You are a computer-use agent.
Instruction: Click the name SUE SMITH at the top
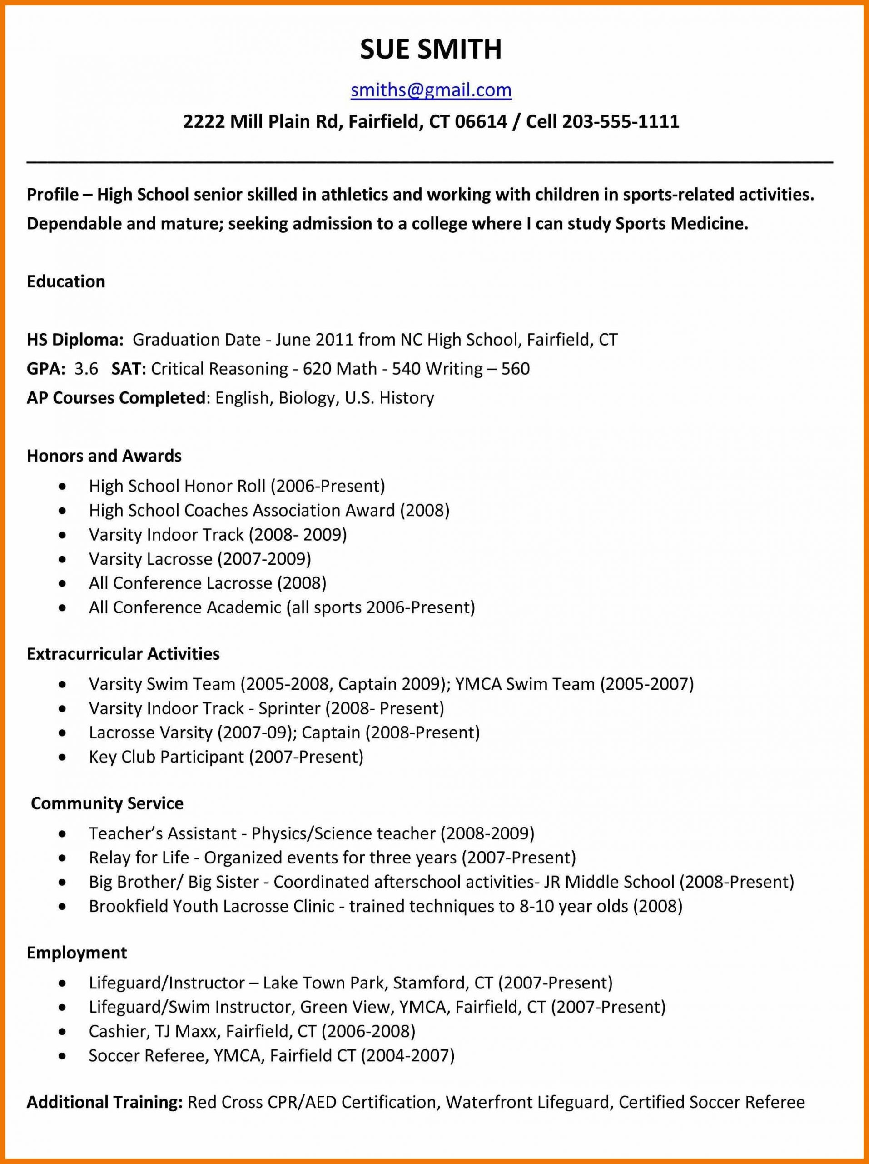point(431,50)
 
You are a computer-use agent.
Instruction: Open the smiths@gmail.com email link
point(431,90)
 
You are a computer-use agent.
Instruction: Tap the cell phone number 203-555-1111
point(621,121)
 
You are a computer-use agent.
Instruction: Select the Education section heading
point(66,281)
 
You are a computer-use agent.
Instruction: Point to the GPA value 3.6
point(86,368)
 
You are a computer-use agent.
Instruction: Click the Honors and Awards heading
point(104,455)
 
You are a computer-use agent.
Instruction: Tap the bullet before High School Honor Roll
point(63,486)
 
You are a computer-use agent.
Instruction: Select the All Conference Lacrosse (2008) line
point(208,582)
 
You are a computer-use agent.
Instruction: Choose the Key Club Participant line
point(226,757)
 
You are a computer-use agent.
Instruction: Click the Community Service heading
point(107,803)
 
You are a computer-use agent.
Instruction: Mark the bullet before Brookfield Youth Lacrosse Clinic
point(63,907)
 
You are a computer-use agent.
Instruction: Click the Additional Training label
point(104,1101)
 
